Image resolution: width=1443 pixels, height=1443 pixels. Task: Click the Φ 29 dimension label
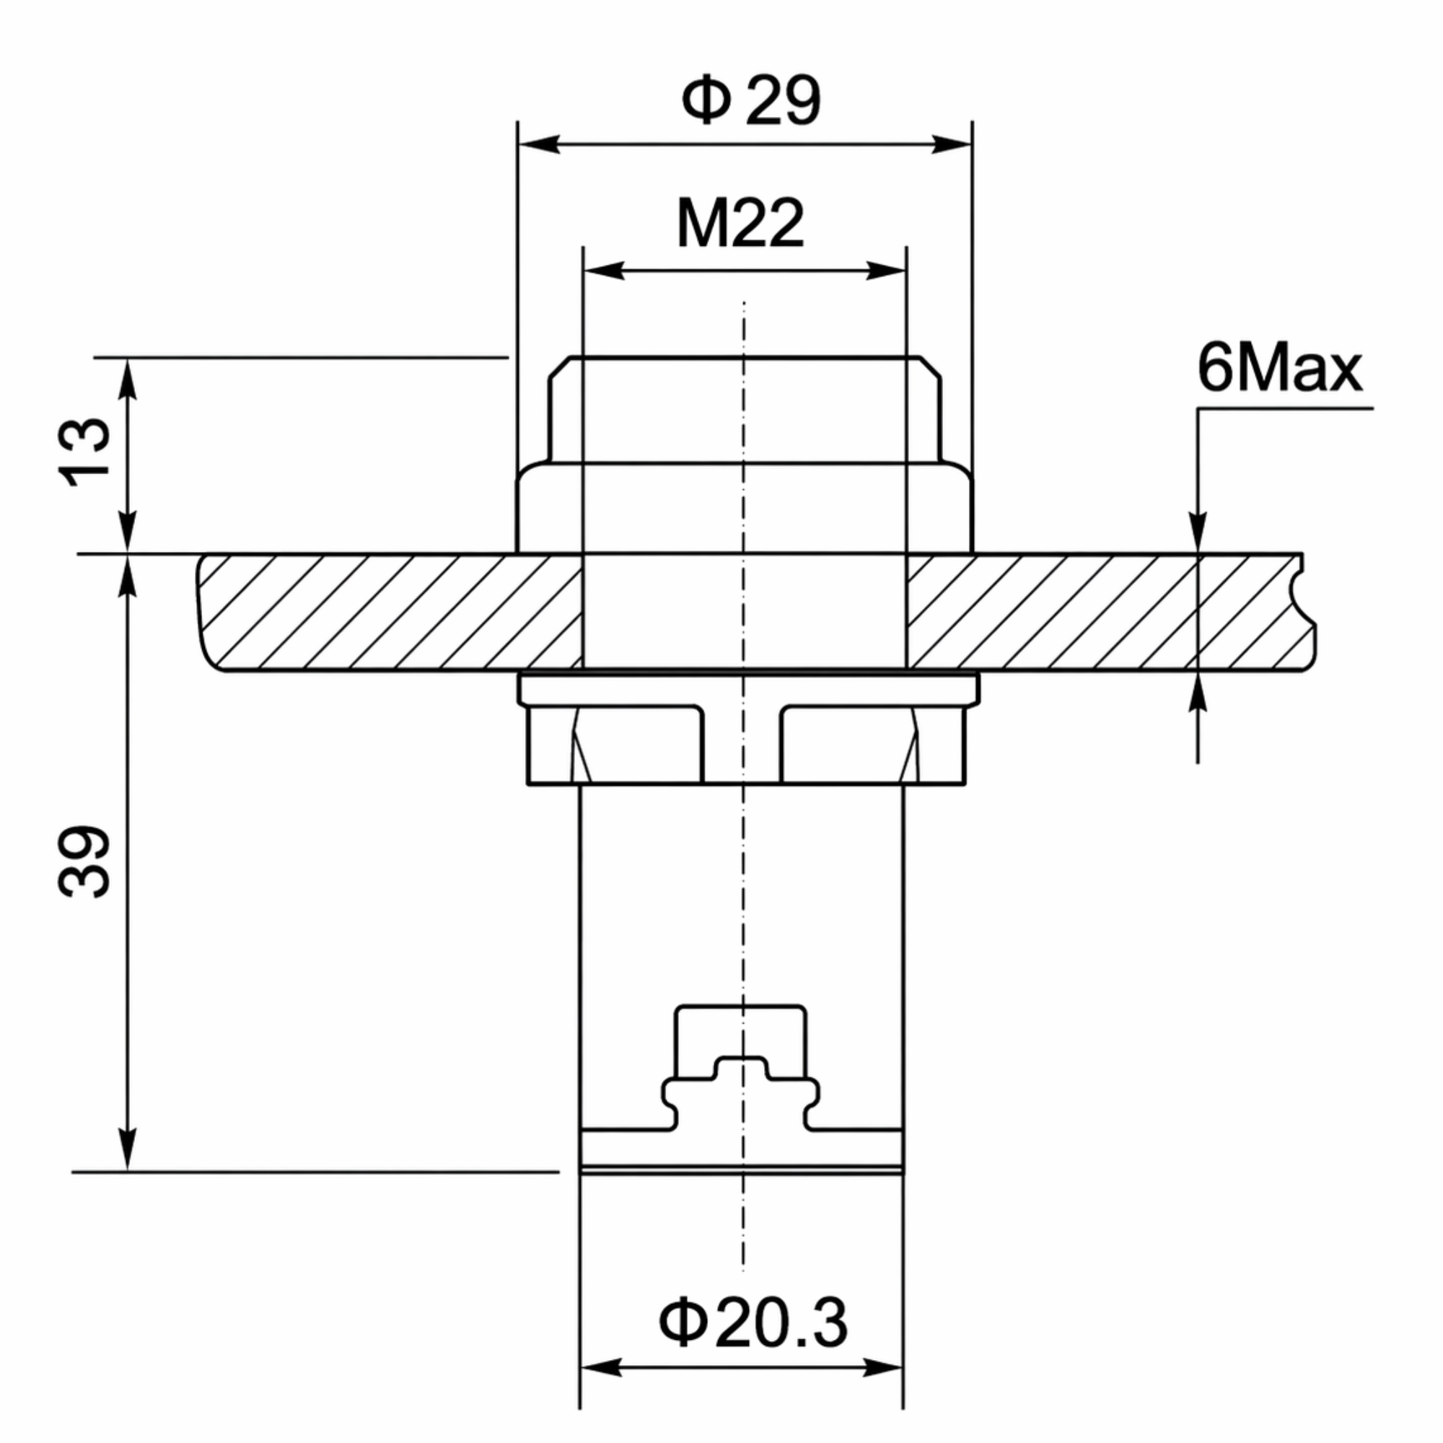click(750, 100)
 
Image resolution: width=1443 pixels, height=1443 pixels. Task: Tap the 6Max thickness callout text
click(1279, 368)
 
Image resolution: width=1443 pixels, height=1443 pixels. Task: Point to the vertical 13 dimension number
click(84, 452)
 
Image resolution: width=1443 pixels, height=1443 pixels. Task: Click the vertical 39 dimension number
click(84, 861)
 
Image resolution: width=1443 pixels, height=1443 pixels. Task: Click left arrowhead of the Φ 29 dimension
click(538, 144)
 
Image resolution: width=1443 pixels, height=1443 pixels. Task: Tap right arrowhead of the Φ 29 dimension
click(951, 144)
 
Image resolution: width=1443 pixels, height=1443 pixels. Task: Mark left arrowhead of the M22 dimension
click(603, 271)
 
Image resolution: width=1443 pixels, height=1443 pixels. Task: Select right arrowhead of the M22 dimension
click(886, 271)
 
